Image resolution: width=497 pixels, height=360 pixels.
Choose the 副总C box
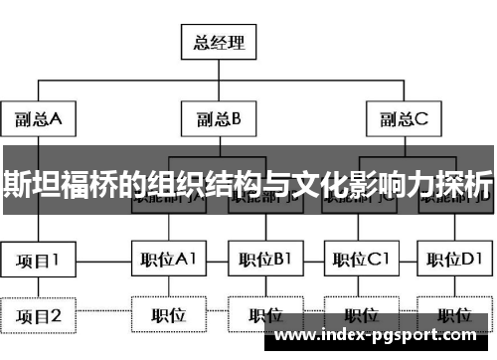tap(404, 119)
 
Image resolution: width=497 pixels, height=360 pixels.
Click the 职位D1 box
tap(452, 261)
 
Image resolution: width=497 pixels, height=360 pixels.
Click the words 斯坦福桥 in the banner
tap(68, 184)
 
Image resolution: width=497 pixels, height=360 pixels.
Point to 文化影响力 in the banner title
tap(357, 184)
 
